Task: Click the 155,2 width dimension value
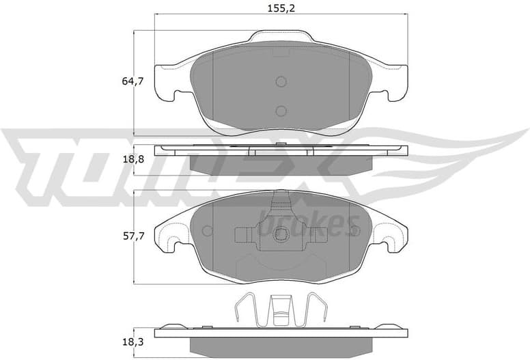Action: click(x=282, y=8)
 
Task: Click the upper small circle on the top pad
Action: click(x=281, y=82)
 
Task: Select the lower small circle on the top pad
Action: click(x=281, y=111)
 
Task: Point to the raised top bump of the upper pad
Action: click(x=281, y=38)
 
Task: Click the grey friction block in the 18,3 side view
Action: click(x=281, y=344)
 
